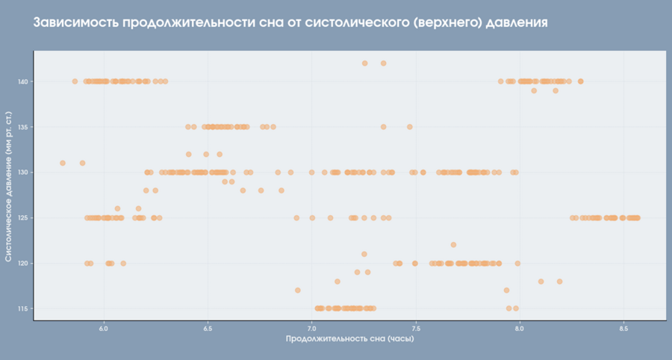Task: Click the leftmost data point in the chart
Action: click(x=63, y=163)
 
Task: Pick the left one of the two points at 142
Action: click(x=364, y=63)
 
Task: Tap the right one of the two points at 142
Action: click(x=384, y=63)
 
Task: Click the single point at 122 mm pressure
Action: click(x=453, y=245)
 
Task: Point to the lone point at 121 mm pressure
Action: click(x=364, y=254)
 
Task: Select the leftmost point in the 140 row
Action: click(x=75, y=81)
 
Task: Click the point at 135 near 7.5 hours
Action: click(x=410, y=127)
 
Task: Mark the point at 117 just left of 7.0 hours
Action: click(x=298, y=291)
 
